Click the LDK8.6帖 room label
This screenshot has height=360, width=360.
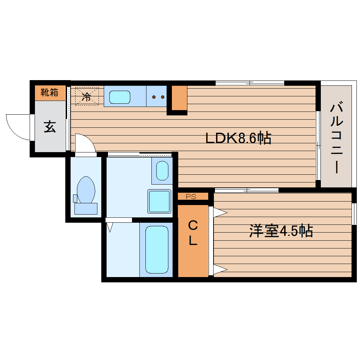tap(239, 138)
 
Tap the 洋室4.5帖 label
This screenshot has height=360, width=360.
tap(281, 231)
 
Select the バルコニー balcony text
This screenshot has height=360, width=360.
tap(337, 138)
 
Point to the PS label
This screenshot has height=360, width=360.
tap(191, 197)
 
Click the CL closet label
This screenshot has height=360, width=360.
tap(192, 233)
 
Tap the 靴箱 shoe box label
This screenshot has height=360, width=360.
tap(49, 93)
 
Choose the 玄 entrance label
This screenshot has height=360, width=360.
tap(50, 126)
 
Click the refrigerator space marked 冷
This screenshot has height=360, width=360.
tap(86, 96)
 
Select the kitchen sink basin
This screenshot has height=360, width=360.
tap(120, 97)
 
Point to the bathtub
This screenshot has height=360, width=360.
tap(157, 250)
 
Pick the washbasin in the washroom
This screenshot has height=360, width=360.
tap(162, 171)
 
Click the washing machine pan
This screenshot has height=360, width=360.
tap(159, 201)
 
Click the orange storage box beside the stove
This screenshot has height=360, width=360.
tap(179, 98)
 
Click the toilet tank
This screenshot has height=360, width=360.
tap(86, 209)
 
